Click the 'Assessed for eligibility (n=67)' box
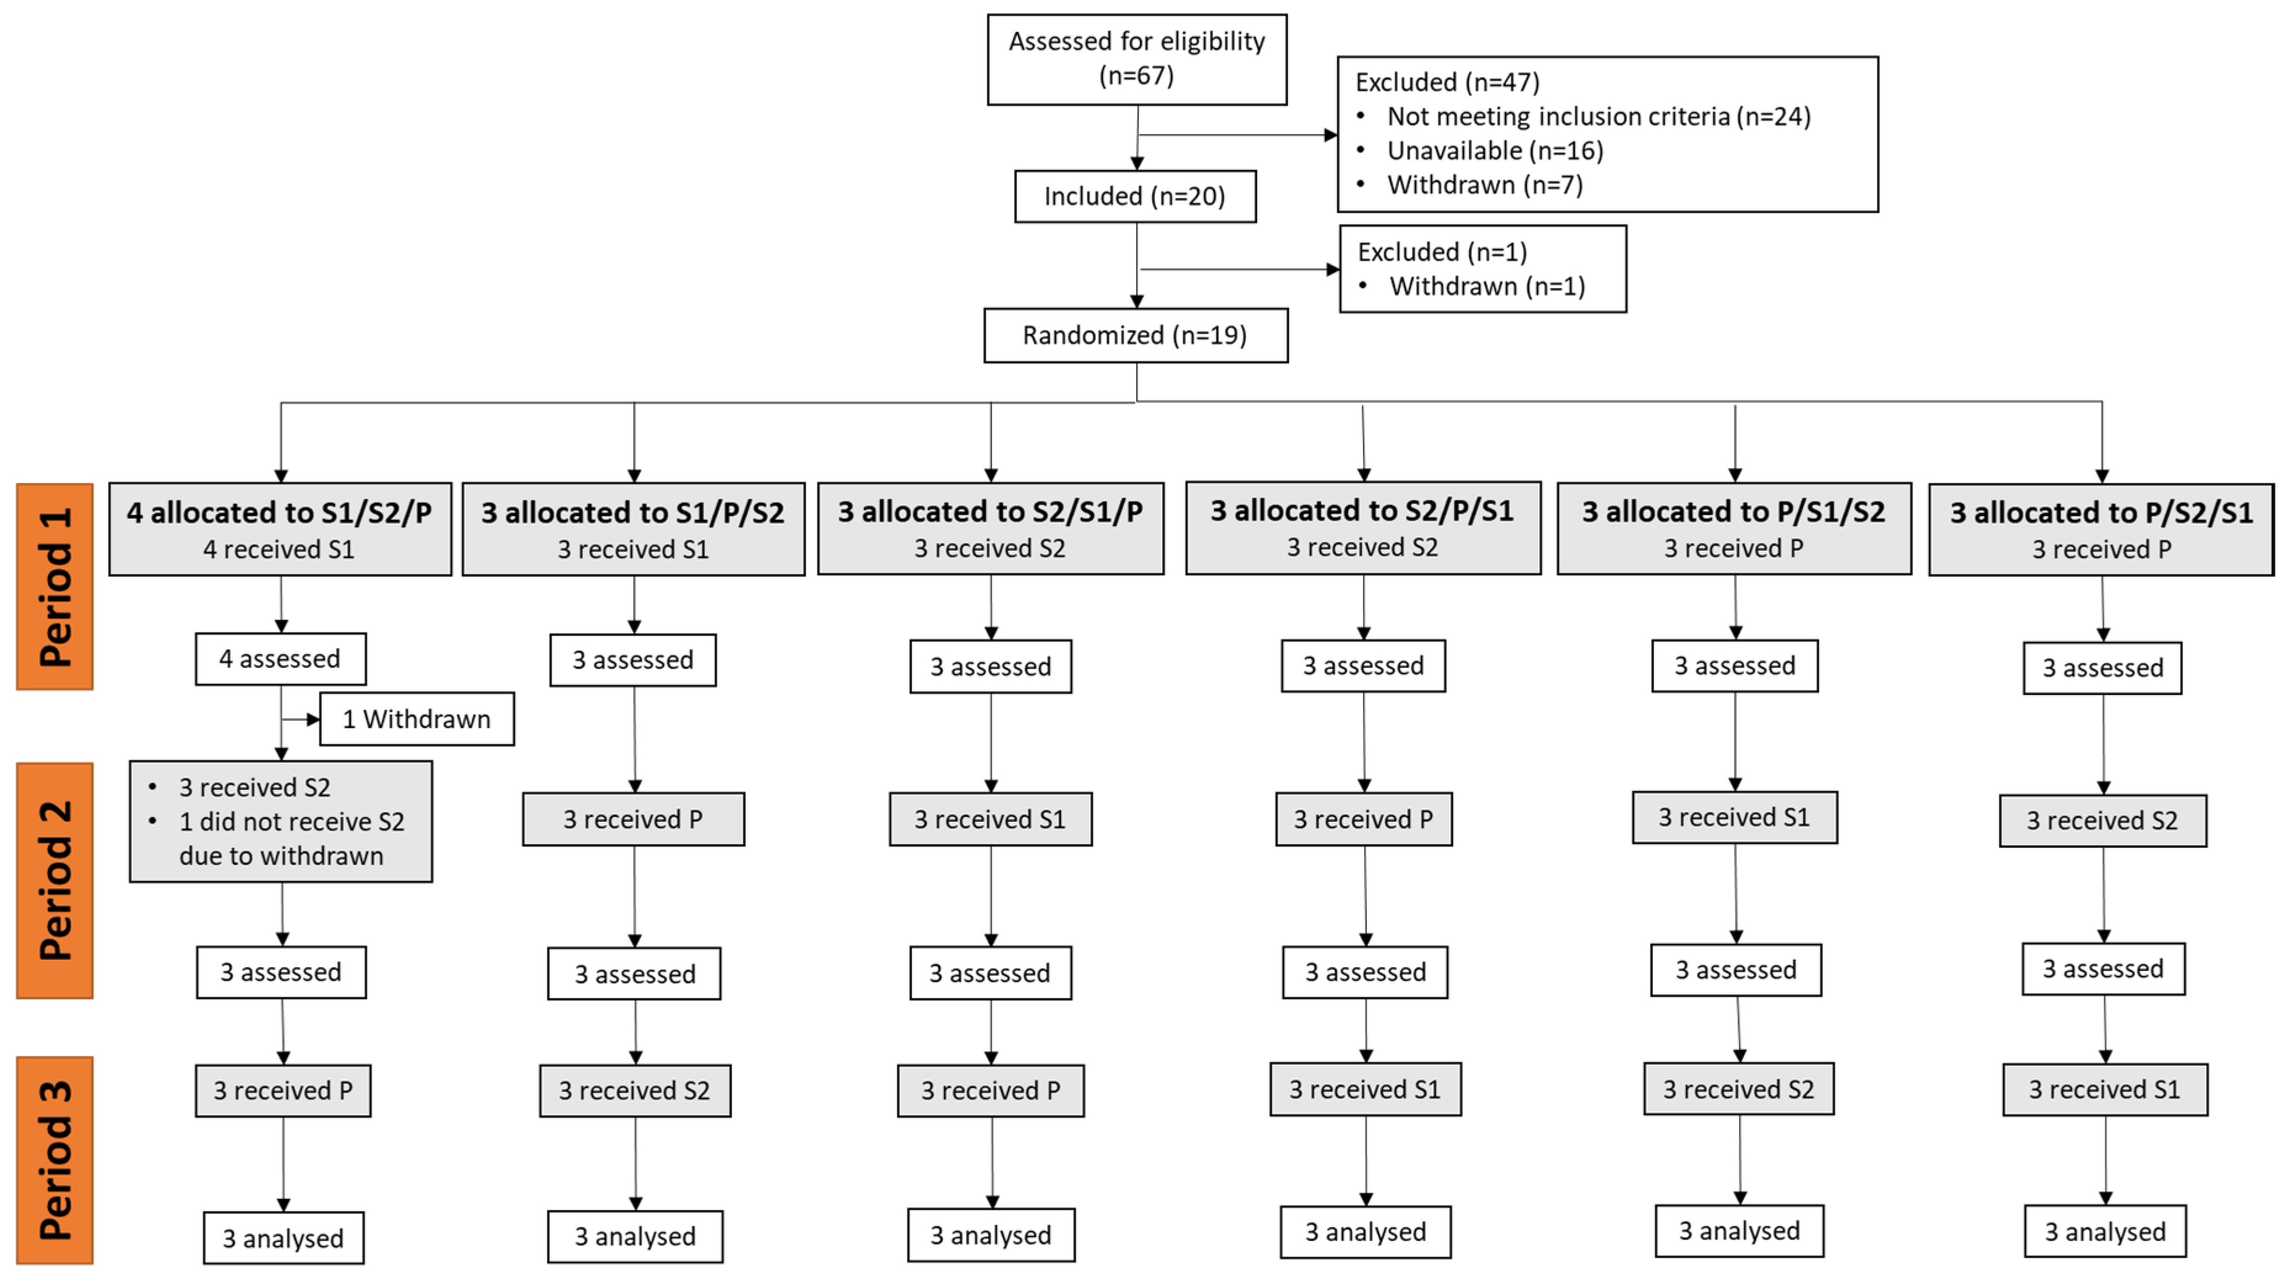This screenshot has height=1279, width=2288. click(x=1136, y=59)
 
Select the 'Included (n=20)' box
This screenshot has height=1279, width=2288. click(x=1134, y=197)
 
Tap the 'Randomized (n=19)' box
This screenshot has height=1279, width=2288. click(x=1134, y=335)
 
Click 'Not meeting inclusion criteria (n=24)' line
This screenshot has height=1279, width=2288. click(x=1598, y=116)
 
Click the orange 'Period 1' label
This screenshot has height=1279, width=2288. click(x=55, y=587)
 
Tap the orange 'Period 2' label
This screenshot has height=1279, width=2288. click(x=55, y=879)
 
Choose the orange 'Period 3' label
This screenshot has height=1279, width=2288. click(x=55, y=1159)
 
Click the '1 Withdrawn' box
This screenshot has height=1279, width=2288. click(x=416, y=718)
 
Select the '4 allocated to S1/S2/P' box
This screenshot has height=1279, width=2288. click(x=280, y=529)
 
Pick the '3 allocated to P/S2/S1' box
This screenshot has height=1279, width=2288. click(x=2101, y=529)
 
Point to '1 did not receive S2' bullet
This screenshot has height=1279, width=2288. click(x=291, y=822)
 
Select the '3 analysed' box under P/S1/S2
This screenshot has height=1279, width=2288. click(x=1738, y=1230)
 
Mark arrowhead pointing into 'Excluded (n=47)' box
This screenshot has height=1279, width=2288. click(x=1330, y=135)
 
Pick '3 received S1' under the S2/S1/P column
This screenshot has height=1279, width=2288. click(x=990, y=819)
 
